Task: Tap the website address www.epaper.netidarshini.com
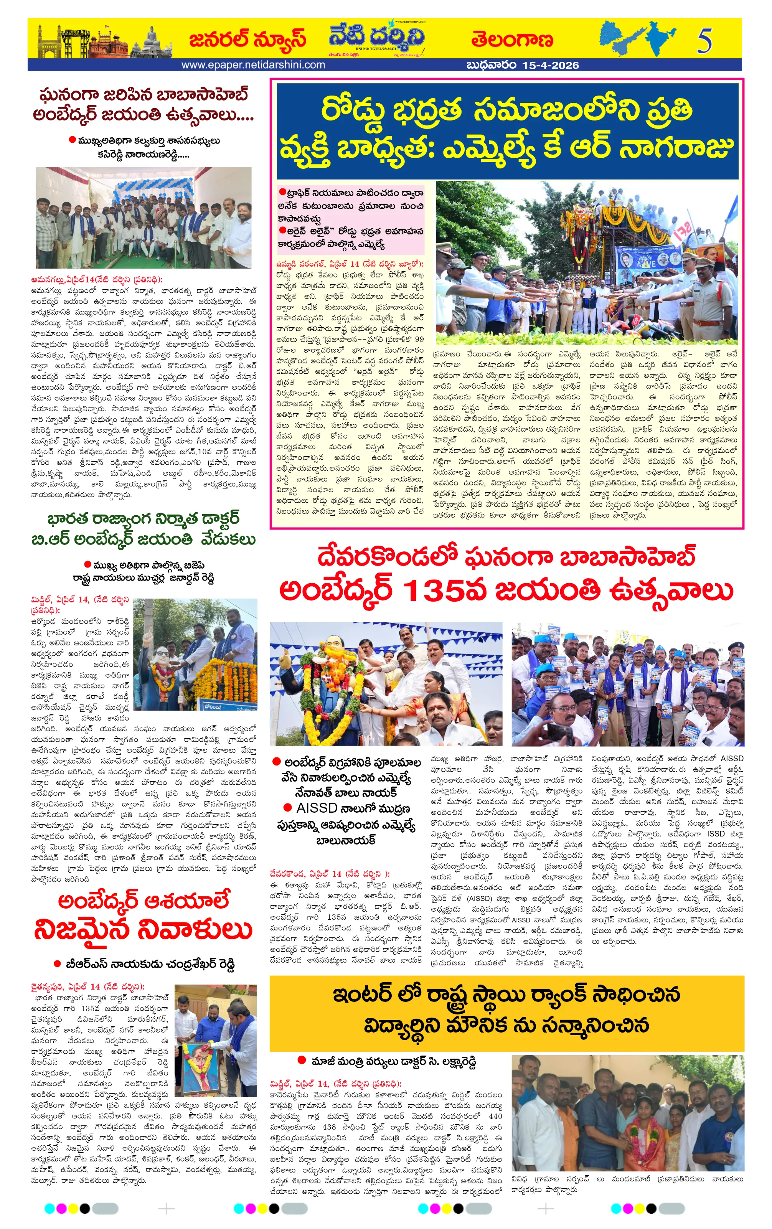click(253, 65)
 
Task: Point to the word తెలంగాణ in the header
click(512, 39)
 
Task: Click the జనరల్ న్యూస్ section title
click(247, 39)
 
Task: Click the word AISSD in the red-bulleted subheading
click(316, 808)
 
